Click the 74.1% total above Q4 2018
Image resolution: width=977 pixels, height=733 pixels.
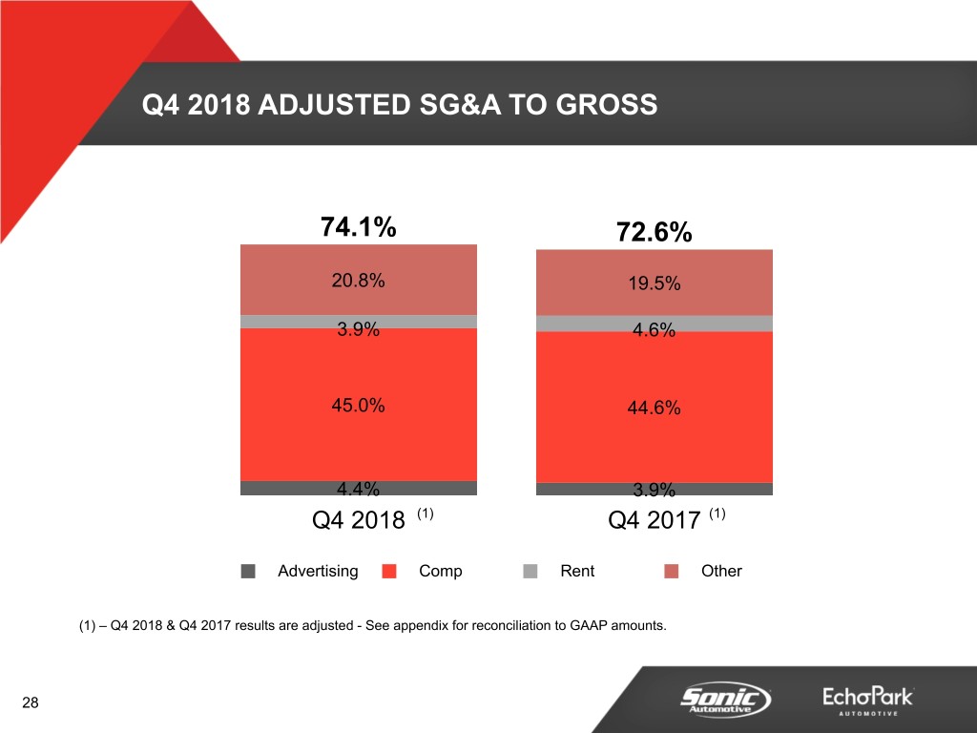359,228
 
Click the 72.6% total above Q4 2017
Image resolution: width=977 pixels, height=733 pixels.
654,234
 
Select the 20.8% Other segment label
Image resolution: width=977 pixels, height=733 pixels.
359,280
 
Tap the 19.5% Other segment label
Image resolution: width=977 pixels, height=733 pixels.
654,283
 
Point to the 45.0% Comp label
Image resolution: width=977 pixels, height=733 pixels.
359,406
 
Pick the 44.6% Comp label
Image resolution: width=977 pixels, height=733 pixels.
654,408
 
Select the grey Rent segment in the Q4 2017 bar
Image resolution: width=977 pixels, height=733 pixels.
572,324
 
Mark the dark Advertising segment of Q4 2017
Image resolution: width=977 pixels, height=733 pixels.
572,489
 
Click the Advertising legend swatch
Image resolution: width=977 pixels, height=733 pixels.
248,572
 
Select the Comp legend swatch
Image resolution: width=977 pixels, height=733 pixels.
389,572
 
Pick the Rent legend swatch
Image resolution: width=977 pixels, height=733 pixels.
530,572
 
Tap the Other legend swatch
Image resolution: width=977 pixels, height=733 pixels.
672,572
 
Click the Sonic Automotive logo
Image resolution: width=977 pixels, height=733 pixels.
725,699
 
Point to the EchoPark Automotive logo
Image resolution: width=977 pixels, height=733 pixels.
867,700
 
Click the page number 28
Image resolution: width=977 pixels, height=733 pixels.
31,703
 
